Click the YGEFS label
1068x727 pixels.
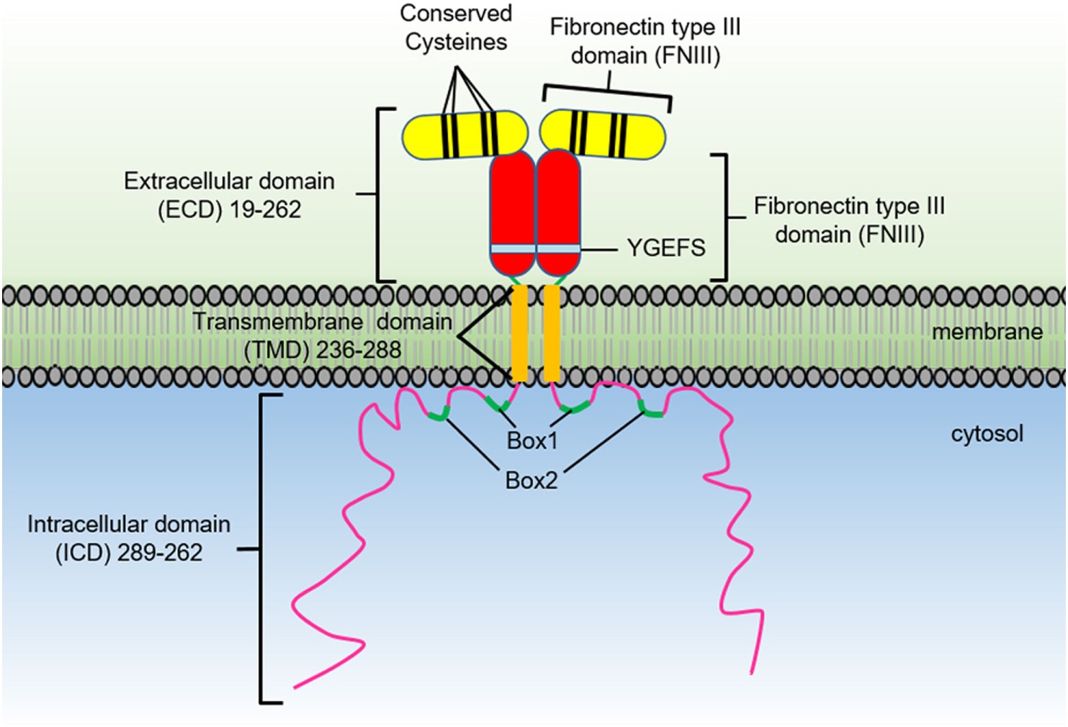[x=665, y=248]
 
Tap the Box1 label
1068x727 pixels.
[x=532, y=441]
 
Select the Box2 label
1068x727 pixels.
[x=531, y=480]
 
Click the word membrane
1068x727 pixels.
[x=987, y=332]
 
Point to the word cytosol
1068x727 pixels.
[x=987, y=434]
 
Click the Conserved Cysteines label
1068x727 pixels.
[x=456, y=27]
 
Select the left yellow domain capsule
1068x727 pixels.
[x=464, y=135]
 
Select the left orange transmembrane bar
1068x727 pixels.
[x=519, y=333]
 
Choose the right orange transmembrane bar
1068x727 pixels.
[x=552, y=333]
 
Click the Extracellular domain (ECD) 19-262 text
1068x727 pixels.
[x=229, y=195]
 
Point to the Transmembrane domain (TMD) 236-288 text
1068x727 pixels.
[x=322, y=335]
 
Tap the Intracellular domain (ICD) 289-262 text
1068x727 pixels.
[x=129, y=538]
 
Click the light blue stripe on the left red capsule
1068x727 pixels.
[x=513, y=249]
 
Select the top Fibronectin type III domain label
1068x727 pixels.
[x=645, y=41]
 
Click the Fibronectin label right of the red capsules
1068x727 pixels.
[x=849, y=220]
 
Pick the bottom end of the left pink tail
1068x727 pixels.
[x=295, y=687]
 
